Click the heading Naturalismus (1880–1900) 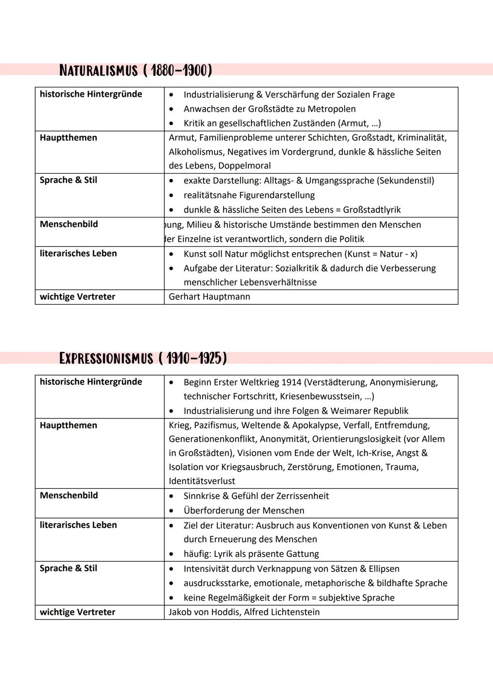(x=136, y=70)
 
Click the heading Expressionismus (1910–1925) (x=143, y=358)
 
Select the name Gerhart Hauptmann (x=210, y=297)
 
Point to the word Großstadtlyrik (x=372, y=210)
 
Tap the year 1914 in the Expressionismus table (x=291, y=382)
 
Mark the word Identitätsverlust (x=202, y=481)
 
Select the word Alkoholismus (x=196, y=152)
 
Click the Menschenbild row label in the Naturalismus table (x=69, y=224)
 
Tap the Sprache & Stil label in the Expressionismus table (x=68, y=568)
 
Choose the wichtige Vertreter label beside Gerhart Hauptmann (x=78, y=297)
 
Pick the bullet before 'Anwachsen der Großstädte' (x=171, y=109)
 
